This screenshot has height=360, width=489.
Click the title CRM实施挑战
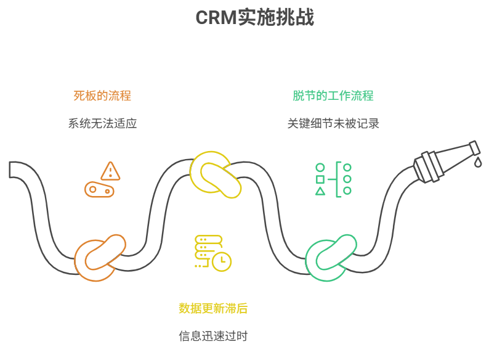click(x=254, y=18)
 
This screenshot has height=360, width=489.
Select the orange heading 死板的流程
click(x=102, y=96)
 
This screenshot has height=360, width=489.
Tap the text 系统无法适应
click(x=102, y=123)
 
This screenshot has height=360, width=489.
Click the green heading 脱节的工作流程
click(x=333, y=96)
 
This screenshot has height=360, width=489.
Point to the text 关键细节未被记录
click(x=333, y=123)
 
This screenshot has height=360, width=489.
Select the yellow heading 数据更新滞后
click(x=213, y=308)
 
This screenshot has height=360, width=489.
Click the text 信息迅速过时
click(x=213, y=336)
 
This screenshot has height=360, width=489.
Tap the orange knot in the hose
click(x=99, y=258)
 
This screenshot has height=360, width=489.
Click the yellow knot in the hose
click(x=215, y=174)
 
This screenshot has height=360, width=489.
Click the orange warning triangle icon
click(x=110, y=171)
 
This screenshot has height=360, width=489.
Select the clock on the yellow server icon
click(x=222, y=261)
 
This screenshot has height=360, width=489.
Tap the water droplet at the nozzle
click(x=478, y=162)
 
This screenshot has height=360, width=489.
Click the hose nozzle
click(x=445, y=159)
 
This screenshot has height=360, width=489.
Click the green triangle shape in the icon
click(x=320, y=192)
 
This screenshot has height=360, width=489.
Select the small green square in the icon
click(x=320, y=179)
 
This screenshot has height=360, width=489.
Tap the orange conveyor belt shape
click(x=99, y=190)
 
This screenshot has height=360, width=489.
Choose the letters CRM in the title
click(x=216, y=18)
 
